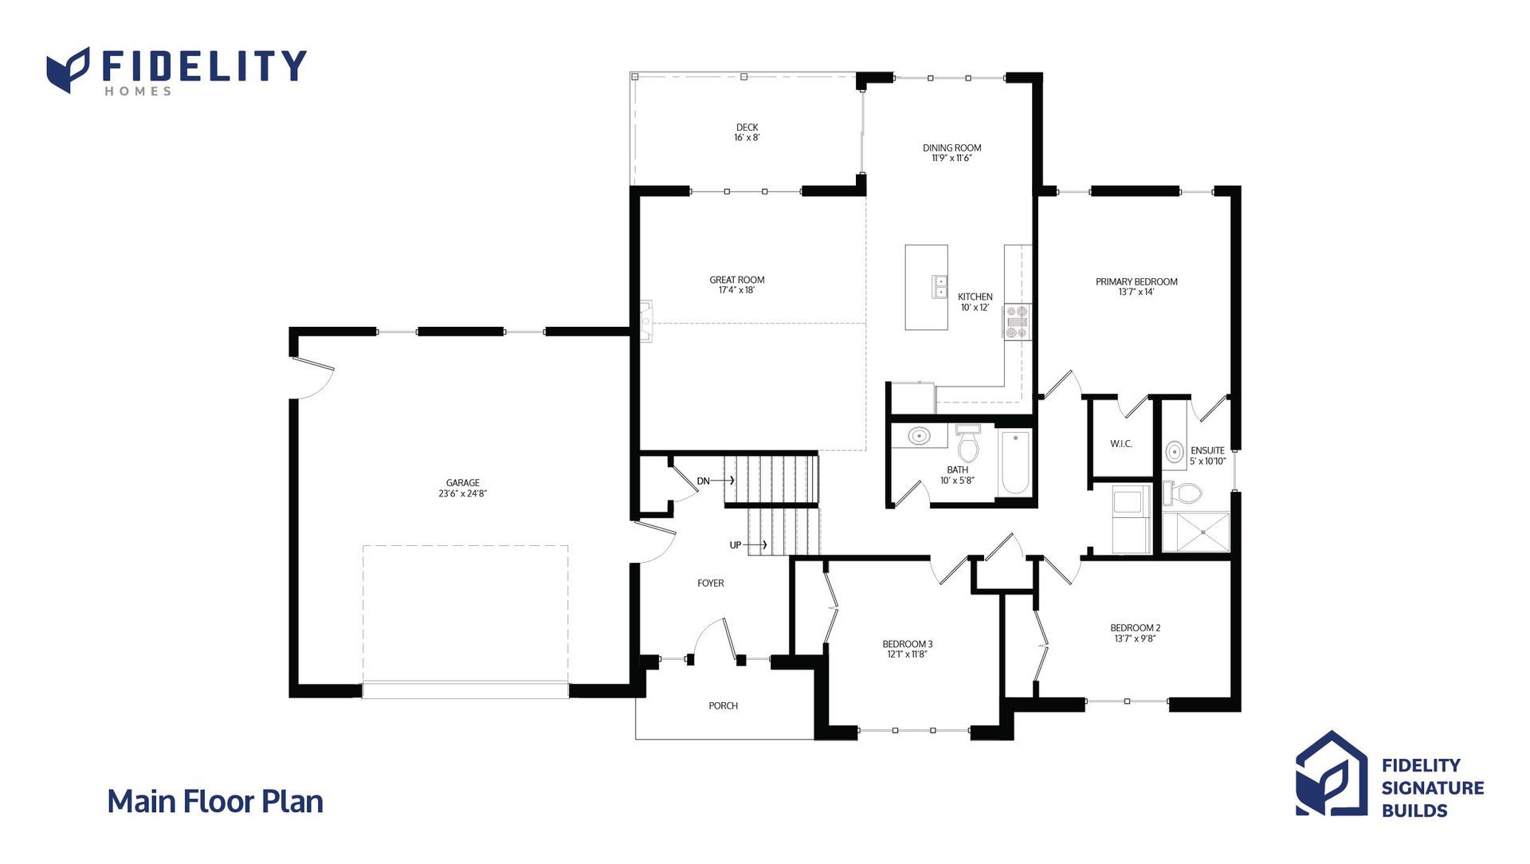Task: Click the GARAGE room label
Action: (x=463, y=483)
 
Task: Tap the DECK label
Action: (x=747, y=128)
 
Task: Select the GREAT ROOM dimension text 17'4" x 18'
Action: (x=736, y=291)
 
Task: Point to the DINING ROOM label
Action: (x=951, y=148)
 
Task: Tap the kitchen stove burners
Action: (x=1017, y=322)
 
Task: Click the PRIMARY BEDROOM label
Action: (x=1136, y=282)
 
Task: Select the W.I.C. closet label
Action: (x=1121, y=444)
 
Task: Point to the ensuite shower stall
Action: (x=1195, y=532)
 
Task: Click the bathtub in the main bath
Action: (x=1015, y=462)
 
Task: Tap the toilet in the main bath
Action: (x=967, y=444)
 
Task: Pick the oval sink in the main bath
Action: (x=919, y=436)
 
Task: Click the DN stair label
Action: (x=704, y=481)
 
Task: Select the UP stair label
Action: (x=736, y=545)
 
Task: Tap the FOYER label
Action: (x=711, y=583)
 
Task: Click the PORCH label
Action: (x=724, y=706)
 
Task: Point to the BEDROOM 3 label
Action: (x=908, y=644)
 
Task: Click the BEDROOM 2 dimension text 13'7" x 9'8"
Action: (x=1135, y=638)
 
